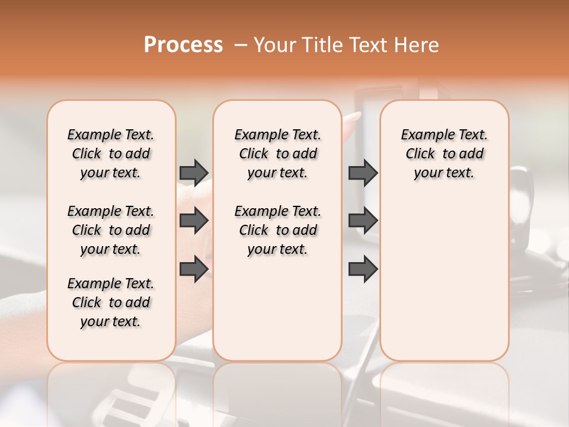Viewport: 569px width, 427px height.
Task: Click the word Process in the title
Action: click(x=183, y=45)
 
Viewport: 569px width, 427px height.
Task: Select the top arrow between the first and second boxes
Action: click(x=194, y=173)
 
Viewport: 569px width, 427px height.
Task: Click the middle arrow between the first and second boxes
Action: click(x=194, y=221)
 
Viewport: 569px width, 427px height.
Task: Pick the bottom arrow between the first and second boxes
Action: click(x=194, y=269)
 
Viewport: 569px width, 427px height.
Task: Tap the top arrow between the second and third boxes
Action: click(x=363, y=173)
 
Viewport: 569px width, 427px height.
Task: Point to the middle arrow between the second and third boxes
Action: click(x=363, y=221)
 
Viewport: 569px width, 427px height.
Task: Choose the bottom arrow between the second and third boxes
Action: click(x=363, y=269)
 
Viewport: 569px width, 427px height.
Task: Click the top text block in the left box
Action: click(x=111, y=154)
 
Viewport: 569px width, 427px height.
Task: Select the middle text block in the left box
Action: click(x=111, y=230)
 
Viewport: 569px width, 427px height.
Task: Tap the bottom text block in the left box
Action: click(x=111, y=302)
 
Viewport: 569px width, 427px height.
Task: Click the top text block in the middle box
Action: click(x=278, y=154)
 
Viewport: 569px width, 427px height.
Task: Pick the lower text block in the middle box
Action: click(x=278, y=230)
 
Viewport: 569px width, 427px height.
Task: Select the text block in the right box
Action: click(x=445, y=154)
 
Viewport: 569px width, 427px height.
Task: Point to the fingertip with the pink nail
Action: click(x=354, y=116)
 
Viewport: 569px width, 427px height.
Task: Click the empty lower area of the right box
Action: click(x=445, y=279)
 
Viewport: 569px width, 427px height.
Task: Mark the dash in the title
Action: click(x=241, y=45)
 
